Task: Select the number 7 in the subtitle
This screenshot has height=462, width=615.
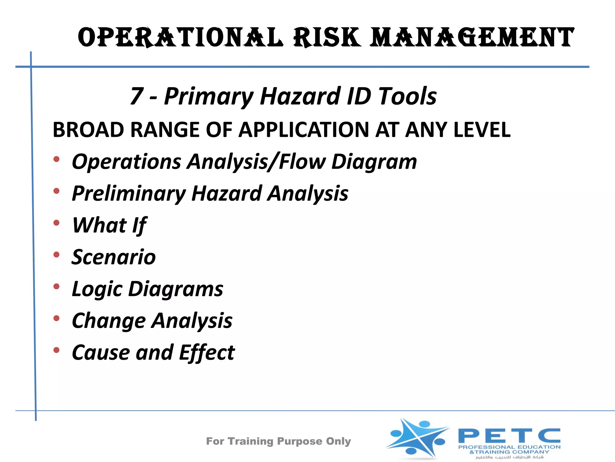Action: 137,96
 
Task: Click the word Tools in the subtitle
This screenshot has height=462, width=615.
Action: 407,96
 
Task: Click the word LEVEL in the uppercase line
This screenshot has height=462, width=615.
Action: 482,130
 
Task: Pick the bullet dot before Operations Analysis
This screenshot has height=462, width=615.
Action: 56,159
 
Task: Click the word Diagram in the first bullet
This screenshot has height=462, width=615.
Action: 374,162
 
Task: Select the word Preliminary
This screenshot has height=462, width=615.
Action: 129,194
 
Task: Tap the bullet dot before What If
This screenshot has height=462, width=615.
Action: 56,223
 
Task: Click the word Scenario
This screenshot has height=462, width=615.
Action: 114,257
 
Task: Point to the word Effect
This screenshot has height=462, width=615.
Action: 207,353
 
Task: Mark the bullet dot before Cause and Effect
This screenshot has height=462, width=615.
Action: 56,350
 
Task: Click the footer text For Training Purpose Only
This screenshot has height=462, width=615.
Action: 278,441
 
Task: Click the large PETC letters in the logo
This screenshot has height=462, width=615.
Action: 509,436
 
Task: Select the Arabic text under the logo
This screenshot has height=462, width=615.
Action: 510,457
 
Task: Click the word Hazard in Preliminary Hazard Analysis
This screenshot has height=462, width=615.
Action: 227,194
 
